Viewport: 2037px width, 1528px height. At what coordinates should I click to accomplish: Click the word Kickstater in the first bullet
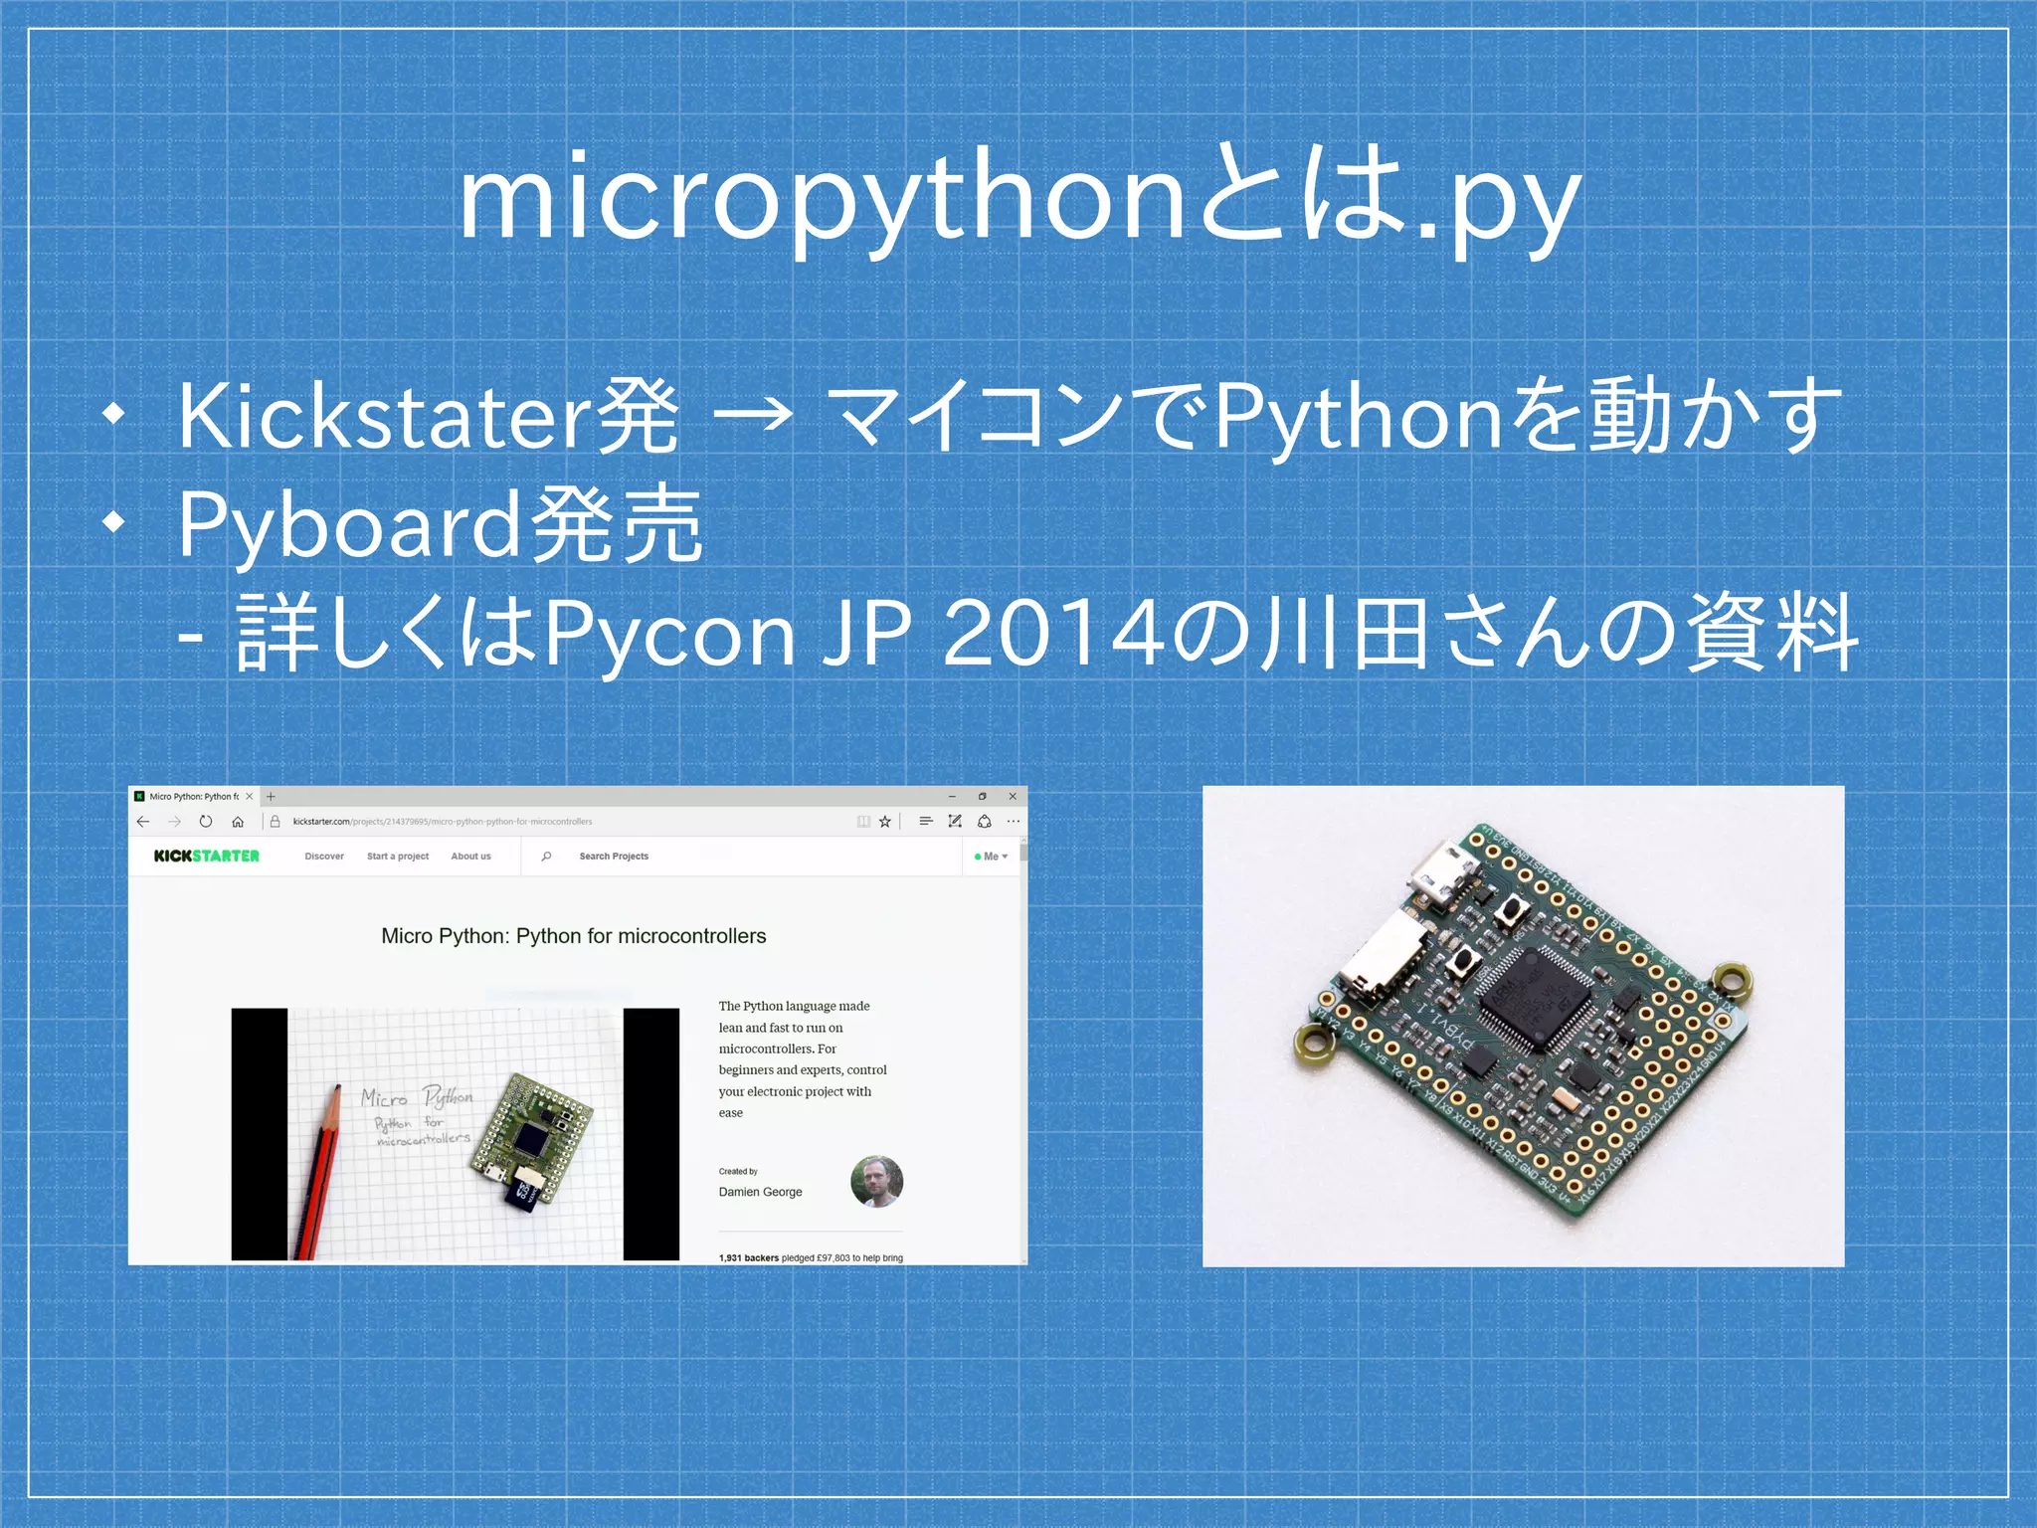point(383,418)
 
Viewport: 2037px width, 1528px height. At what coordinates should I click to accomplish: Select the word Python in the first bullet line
point(1358,418)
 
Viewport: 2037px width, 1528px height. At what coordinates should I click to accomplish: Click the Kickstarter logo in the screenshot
point(207,856)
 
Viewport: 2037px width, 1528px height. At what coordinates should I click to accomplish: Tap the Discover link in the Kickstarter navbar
point(324,857)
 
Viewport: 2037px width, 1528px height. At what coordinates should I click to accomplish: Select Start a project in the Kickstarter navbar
point(398,857)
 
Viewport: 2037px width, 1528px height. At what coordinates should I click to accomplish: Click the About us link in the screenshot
point(470,857)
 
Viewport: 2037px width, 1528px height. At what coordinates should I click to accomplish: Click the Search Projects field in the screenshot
point(614,857)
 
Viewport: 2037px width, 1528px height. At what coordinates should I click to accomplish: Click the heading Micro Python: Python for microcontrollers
point(574,936)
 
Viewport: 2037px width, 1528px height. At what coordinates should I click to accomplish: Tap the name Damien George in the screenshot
point(760,1192)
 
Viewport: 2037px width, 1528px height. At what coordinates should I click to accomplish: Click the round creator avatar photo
point(876,1182)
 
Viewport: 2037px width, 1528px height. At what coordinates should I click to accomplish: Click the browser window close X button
point(1013,796)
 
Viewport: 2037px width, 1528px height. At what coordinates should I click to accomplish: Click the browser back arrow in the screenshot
point(143,822)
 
